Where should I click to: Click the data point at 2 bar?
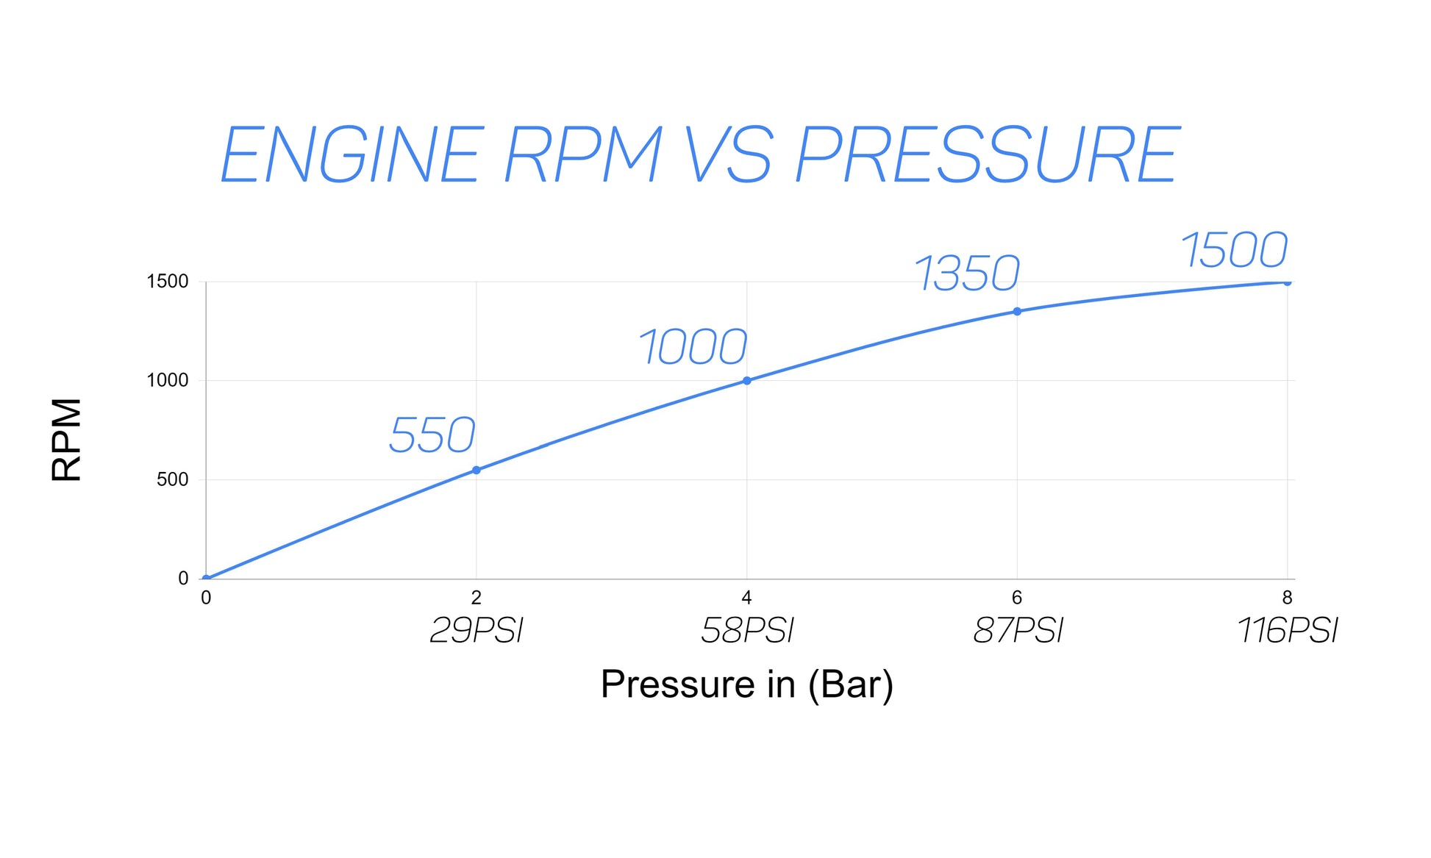[x=477, y=470]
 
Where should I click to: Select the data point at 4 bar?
[x=747, y=380]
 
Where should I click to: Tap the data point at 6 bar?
[x=1017, y=311]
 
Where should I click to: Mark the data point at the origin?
[x=207, y=578]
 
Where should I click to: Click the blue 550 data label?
[x=432, y=435]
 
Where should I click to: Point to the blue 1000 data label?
[x=693, y=347]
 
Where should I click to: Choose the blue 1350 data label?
[x=967, y=274]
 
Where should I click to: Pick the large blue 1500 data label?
[x=1235, y=250]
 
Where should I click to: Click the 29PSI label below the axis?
[x=477, y=631]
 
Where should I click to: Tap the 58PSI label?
[x=747, y=631]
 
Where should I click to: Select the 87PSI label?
[x=1018, y=631]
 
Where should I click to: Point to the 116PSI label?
[x=1288, y=631]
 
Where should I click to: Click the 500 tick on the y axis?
[x=172, y=479]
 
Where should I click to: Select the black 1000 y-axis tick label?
[x=167, y=380]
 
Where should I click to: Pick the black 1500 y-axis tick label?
[x=167, y=281]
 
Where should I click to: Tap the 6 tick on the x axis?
[x=1017, y=597]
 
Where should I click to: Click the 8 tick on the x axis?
[x=1287, y=597]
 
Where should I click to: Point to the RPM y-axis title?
[x=67, y=439]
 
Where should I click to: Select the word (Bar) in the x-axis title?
[x=850, y=684]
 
